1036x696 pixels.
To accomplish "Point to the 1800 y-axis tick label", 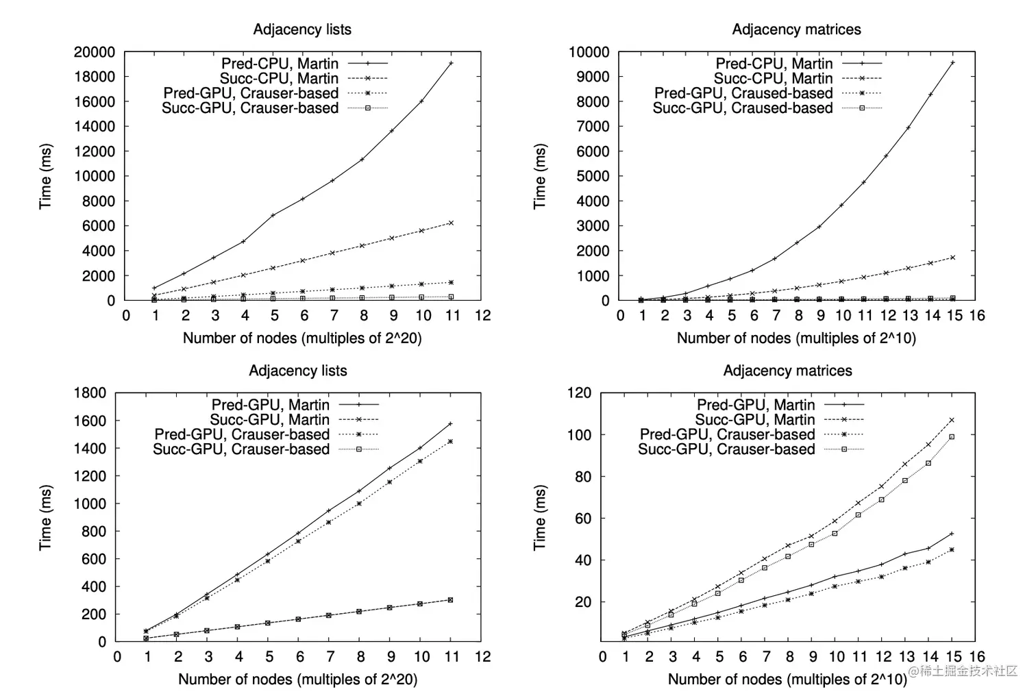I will pos(90,393).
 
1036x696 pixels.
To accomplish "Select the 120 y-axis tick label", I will pos(579,393).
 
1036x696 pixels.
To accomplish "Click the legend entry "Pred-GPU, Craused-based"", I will pos(743,93).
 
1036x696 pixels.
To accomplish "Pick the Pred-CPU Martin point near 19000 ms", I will pos(451,63).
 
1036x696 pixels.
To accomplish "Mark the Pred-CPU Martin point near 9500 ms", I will pos(952,63).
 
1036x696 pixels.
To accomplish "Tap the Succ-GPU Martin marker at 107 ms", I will pos(952,421).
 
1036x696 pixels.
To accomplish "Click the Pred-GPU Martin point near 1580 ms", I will pos(450,424).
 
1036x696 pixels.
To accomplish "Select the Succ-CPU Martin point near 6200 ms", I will pos(451,223).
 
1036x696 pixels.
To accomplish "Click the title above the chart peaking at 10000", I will pos(796,29).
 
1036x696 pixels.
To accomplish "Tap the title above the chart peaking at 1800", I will pos(298,371).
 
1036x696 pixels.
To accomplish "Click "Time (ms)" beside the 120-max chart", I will pos(540,517).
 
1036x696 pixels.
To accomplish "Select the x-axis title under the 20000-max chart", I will pos(302,338).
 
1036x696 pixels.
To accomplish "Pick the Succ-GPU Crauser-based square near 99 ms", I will pos(952,436).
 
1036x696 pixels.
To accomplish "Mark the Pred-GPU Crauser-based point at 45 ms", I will pos(952,549).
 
